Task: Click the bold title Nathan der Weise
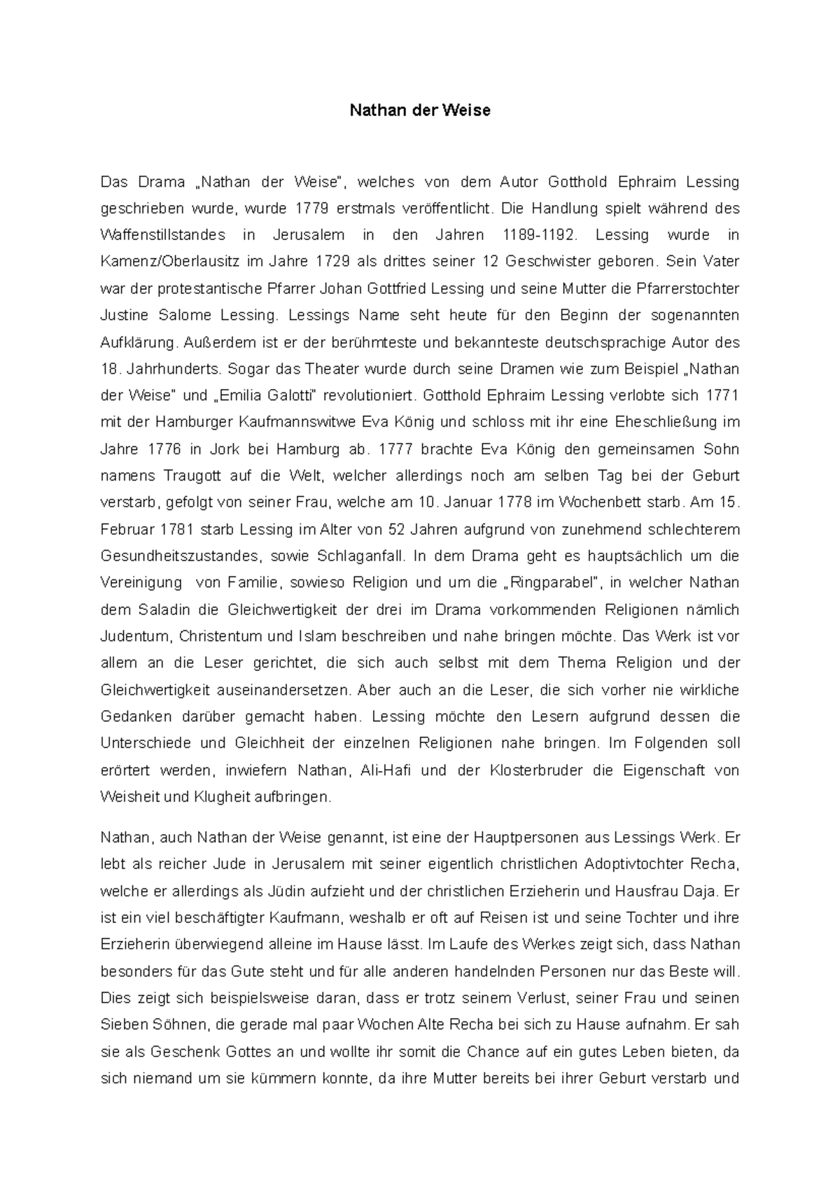pyautogui.click(x=420, y=111)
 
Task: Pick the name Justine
pyautogui.click(x=125, y=316)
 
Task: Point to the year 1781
pyautogui.click(x=177, y=530)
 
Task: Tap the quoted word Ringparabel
pyautogui.click(x=557, y=583)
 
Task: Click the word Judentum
pyautogui.click(x=136, y=637)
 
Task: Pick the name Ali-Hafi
pyautogui.click(x=385, y=770)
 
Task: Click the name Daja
pyautogui.click(x=702, y=891)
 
